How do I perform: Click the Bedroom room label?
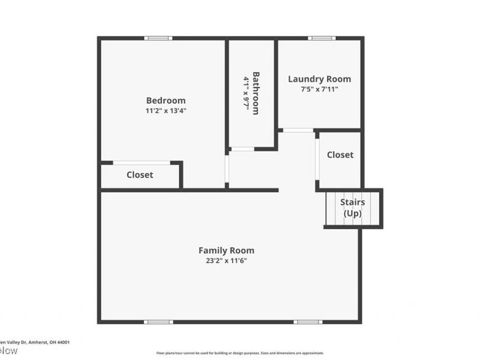pyautogui.click(x=166, y=100)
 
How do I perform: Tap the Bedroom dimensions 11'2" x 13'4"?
pyautogui.click(x=166, y=110)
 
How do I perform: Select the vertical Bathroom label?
pyautogui.click(x=256, y=93)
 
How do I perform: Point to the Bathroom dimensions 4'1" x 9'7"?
pyautogui.click(x=246, y=93)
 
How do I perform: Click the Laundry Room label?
pyautogui.click(x=319, y=79)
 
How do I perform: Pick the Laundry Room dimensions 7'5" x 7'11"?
pyautogui.click(x=319, y=89)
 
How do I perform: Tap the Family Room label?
pyautogui.click(x=226, y=250)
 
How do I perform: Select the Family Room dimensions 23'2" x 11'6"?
pyautogui.click(x=226, y=260)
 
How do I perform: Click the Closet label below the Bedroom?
pyautogui.click(x=140, y=175)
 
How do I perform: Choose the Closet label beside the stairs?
pyautogui.click(x=340, y=154)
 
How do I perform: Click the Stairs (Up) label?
pyautogui.click(x=352, y=208)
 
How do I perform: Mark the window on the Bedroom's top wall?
pyautogui.click(x=158, y=38)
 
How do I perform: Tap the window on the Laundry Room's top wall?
pyautogui.click(x=322, y=38)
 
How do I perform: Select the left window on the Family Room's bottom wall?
pyautogui.click(x=158, y=322)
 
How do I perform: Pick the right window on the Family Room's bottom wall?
pyautogui.click(x=308, y=322)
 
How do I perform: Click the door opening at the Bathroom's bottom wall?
pyautogui.click(x=242, y=149)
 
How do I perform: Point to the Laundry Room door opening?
pyautogui.click(x=298, y=130)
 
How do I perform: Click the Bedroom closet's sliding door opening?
pyautogui.click(x=141, y=163)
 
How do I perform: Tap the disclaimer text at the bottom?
pyautogui.click(x=240, y=353)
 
